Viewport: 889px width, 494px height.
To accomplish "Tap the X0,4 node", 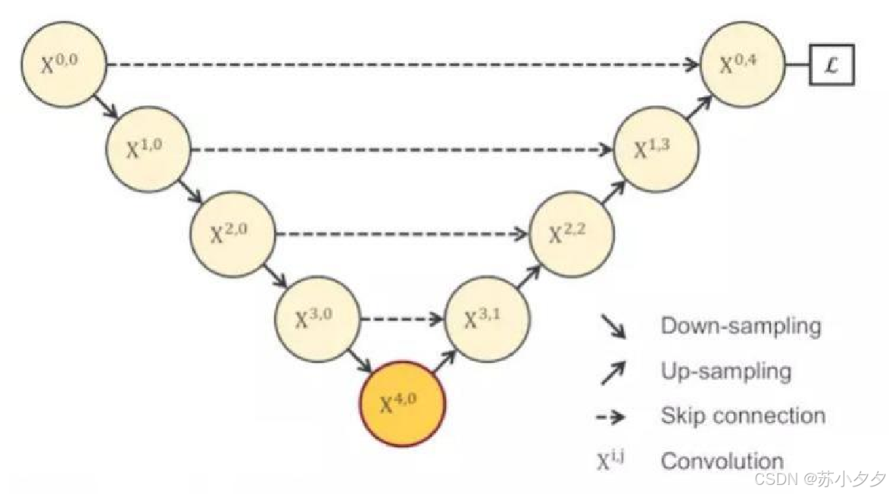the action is (x=743, y=66).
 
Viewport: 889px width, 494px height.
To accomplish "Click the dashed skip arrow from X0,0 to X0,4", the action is (x=401, y=66).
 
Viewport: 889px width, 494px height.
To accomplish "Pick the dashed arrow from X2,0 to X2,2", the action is (x=401, y=234).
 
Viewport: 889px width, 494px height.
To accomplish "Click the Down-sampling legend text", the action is (x=741, y=327).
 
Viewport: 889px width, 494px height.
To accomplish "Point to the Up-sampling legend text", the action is (x=725, y=371).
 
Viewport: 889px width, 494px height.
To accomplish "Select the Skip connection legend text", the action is (x=742, y=415).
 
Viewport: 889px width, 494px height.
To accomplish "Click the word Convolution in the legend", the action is (x=722, y=460).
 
